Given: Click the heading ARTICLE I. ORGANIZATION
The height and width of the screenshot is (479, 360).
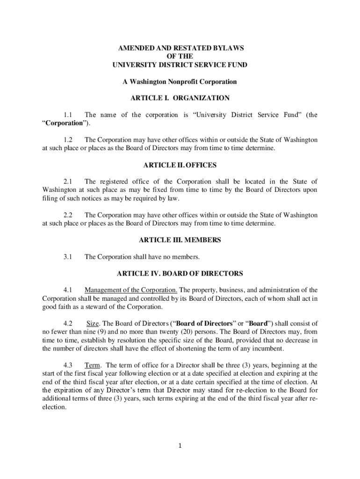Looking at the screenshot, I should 180,98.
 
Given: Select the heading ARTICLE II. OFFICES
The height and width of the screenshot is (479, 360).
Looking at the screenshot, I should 180,165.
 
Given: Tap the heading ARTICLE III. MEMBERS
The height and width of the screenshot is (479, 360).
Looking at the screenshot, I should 180,240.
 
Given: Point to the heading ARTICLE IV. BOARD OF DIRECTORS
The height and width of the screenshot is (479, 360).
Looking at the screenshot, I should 180,273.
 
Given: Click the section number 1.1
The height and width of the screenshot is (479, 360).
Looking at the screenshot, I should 68,115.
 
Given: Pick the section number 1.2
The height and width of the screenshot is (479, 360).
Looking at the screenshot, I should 68,140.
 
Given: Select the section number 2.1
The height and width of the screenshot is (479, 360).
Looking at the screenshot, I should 68,181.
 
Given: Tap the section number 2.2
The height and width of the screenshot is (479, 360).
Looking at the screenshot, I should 68,215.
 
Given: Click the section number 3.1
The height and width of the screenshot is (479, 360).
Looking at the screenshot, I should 68,257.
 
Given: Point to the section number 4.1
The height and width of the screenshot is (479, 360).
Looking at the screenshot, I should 68,290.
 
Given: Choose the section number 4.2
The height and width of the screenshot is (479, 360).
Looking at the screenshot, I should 68,323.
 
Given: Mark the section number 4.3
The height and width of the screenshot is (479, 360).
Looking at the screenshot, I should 68,365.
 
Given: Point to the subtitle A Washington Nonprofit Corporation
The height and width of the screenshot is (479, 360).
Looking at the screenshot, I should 180,82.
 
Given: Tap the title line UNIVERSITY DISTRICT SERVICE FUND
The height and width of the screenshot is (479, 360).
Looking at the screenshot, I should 180,65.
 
